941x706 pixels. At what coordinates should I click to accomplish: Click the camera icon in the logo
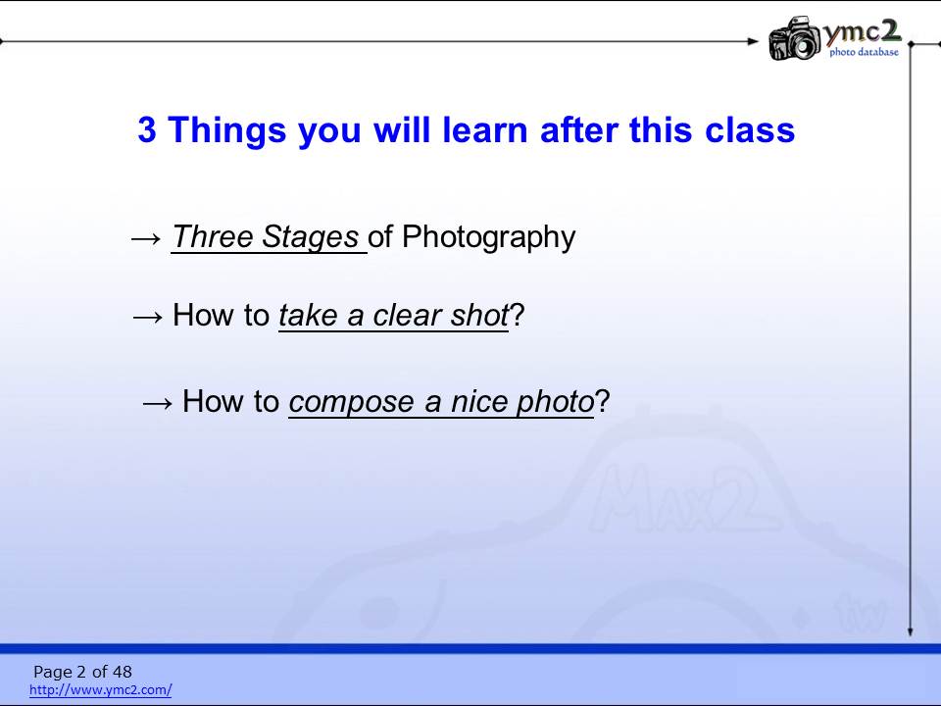point(795,38)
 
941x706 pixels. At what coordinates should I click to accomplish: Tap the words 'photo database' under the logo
point(865,52)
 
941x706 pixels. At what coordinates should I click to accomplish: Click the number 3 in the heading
point(147,129)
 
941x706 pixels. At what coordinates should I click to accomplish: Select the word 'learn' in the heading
point(484,129)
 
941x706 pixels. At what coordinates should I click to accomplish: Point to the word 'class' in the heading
point(750,129)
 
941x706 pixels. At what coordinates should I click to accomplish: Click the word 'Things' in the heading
point(226,130)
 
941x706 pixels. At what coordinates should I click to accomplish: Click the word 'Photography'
point(488,237)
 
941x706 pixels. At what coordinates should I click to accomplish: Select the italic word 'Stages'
point(311,237)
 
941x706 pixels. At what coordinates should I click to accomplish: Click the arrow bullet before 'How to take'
point(148,317)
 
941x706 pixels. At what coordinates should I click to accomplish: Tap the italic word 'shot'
point(480,315)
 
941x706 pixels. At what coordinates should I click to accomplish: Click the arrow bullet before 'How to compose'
point(157,403)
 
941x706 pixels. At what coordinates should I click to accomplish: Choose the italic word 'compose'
point(352,402)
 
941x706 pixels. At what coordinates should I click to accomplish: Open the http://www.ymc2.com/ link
point(101,689)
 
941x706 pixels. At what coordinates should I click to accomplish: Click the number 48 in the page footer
point(122,671)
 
